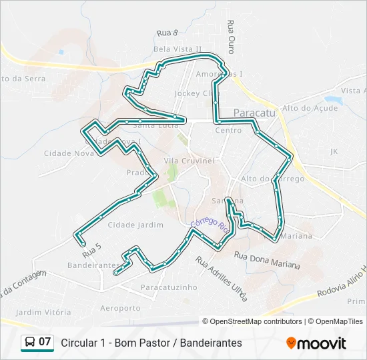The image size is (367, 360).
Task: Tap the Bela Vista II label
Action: (177, 49)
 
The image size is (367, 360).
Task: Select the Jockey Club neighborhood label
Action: (192, 94)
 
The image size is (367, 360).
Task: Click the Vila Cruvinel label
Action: (189, 161)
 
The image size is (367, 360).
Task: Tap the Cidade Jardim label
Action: (135, 225)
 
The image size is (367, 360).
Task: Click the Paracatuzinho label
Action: (169, 287)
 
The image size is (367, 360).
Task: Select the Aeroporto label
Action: (120, 308)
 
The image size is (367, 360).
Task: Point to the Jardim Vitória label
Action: (43, 312)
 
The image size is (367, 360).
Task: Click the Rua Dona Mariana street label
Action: (267, 259)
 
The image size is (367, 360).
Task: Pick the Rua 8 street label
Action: (167, 33)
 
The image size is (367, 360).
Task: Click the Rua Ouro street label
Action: (231, 37)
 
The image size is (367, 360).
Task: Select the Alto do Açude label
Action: (310, 108)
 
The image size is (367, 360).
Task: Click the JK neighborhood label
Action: (334, 151)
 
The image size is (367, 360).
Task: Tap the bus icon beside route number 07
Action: (30, 343)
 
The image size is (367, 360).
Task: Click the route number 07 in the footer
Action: (45, 342)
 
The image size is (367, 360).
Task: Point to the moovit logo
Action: (316, 343)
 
